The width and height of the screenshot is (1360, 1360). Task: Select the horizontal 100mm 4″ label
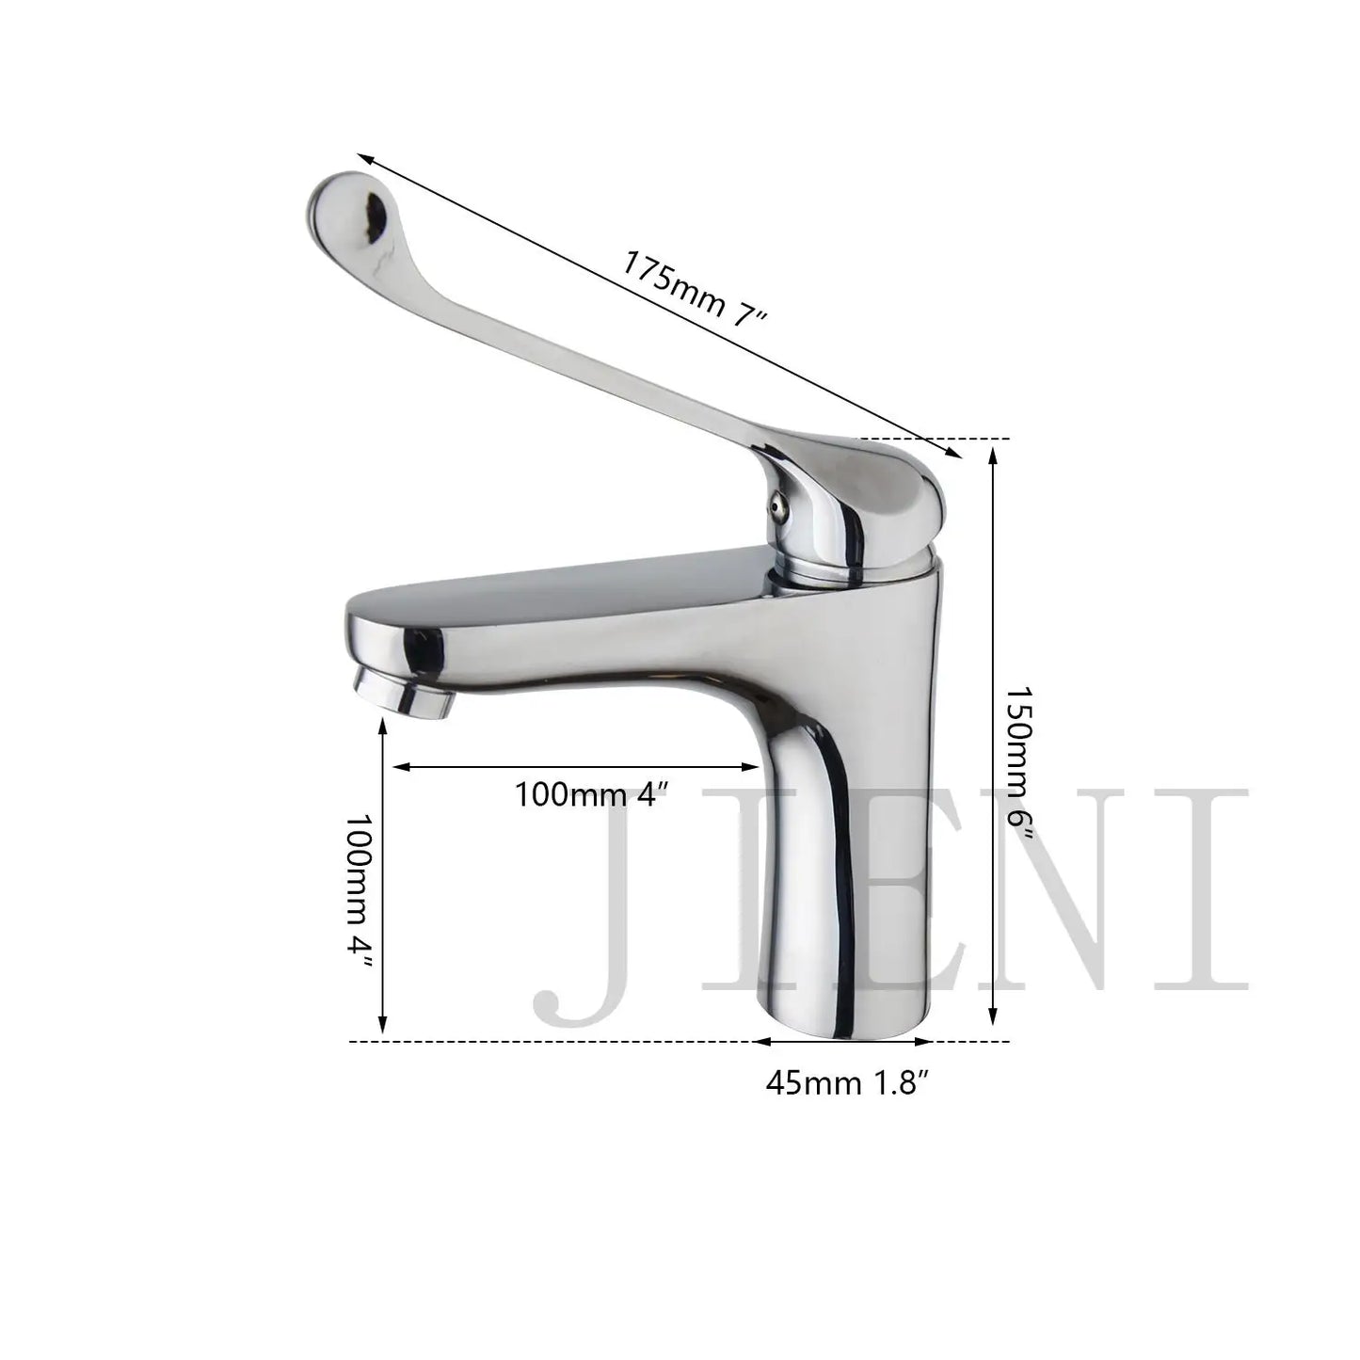click(594, 794)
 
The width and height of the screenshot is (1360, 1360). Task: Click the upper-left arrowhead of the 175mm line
click(362, 158)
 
